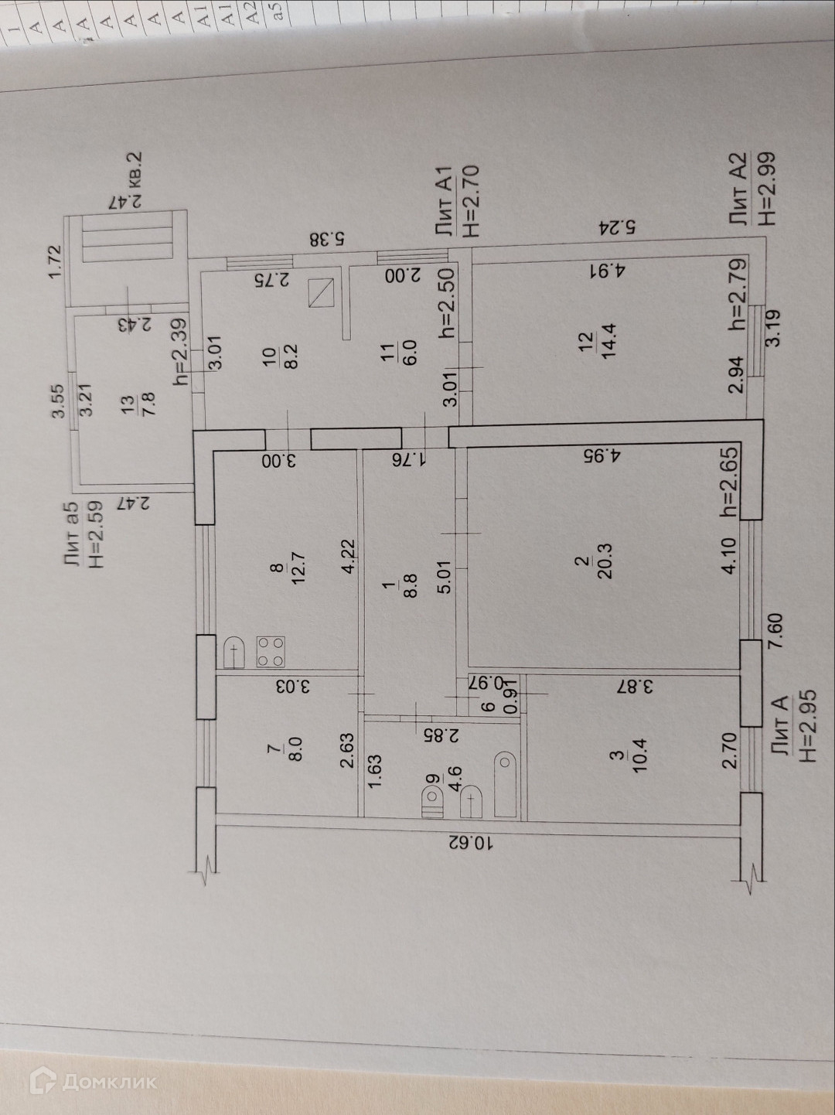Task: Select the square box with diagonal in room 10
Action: click(321, 292)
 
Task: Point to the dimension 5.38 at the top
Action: click(327, 237)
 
